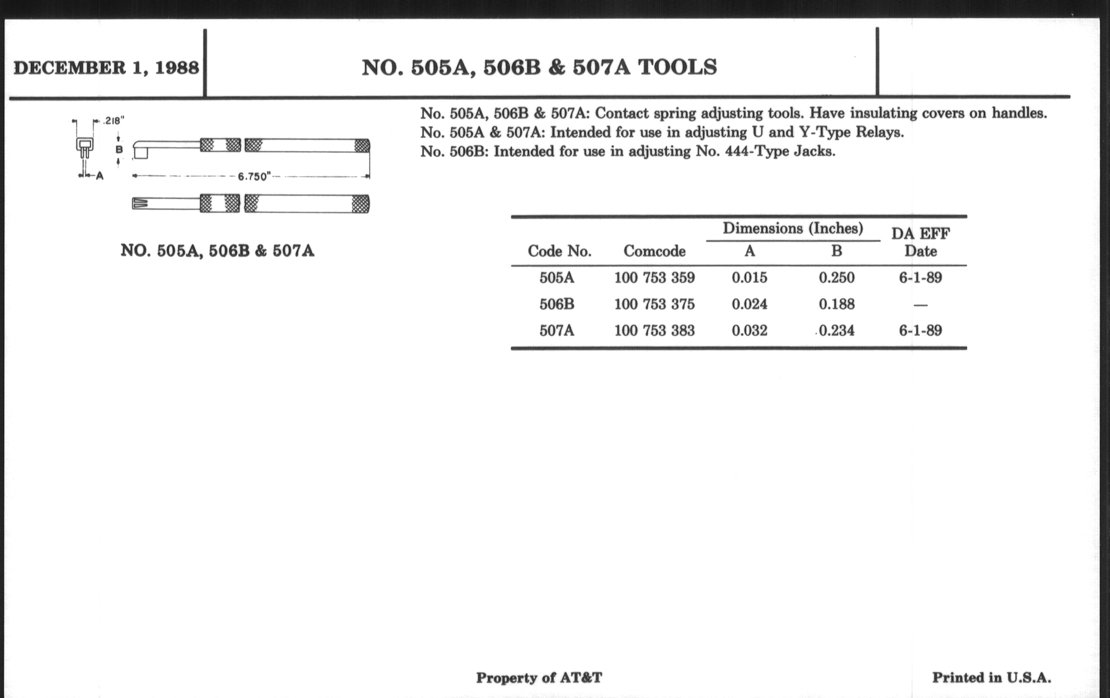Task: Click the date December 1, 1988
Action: pyautogui.click(x=106, y=68)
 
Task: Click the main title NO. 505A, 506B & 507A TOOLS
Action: pyautogui.click(x=539, y=67)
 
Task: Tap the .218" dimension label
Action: pyautogui.click(x=113, y=121)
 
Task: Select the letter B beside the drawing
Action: pyautogui.click(x=119, y=150)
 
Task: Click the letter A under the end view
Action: pyautogui.click(x=99, y=176)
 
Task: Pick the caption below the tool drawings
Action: pyautogui.click(x=217, y=251)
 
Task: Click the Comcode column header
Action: pyautogui.click(x=654, y=251)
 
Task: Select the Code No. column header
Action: pyautogui.click(x=559, y=251)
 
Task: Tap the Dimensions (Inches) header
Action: pyautogui.click(x=792, y=229)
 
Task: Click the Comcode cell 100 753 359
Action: pyautogui.click(x=654, y=278)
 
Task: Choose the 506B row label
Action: pyautogui.click(x=557, y=304)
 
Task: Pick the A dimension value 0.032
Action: pyautogui.click(x=749, y=330)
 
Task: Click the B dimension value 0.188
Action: pyautogui.click(x=836, y=304)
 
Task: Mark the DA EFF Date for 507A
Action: pyautogui.click(x=920, y=330)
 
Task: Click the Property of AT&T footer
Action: pyautogui.click(x=539, y=678)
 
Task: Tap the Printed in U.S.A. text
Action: pyautogui.click(x=991, y=678)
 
